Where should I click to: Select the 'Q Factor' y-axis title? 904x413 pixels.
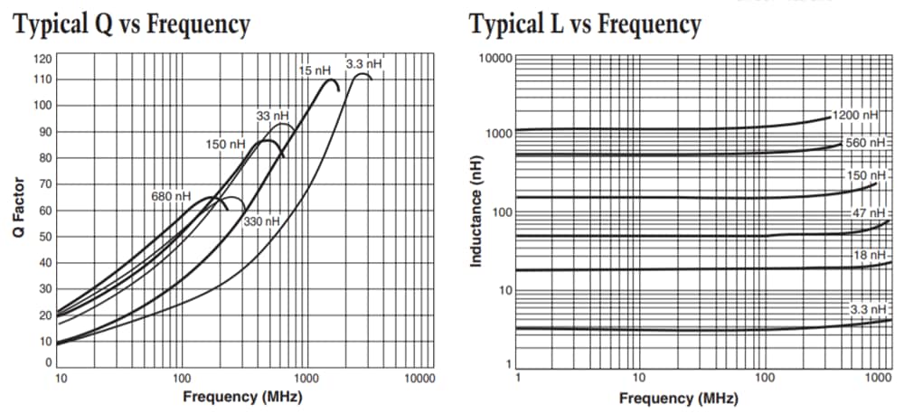(x=18, y=209)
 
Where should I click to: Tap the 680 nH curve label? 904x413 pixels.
(x=171, y=196)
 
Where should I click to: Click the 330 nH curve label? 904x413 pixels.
(x=262, y=221)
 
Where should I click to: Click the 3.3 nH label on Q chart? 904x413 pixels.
(x=364, y=64)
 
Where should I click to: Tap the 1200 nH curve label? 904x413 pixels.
(x=855, y=116)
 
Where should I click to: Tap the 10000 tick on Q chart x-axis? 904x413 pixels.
(x=419, y=377)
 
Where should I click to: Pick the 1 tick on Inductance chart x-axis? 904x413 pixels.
(x=516, y=377)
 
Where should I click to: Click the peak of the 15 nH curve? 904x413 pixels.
(x=330, y=80)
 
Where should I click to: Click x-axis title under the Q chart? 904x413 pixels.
(x=242, y=397)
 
